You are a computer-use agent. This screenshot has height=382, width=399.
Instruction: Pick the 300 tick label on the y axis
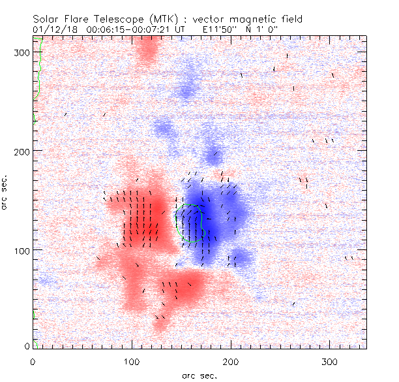tap(22, 52)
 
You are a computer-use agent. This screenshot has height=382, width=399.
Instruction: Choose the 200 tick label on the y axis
tap(22, 151)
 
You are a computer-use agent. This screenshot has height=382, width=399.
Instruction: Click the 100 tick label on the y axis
tap(22, 251)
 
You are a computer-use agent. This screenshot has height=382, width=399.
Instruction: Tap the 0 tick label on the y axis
tap(27, 345)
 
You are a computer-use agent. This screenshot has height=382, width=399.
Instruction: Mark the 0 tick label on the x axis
tap(33, 361)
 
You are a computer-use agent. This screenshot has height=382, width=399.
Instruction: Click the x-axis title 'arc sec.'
tap(199, 375)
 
